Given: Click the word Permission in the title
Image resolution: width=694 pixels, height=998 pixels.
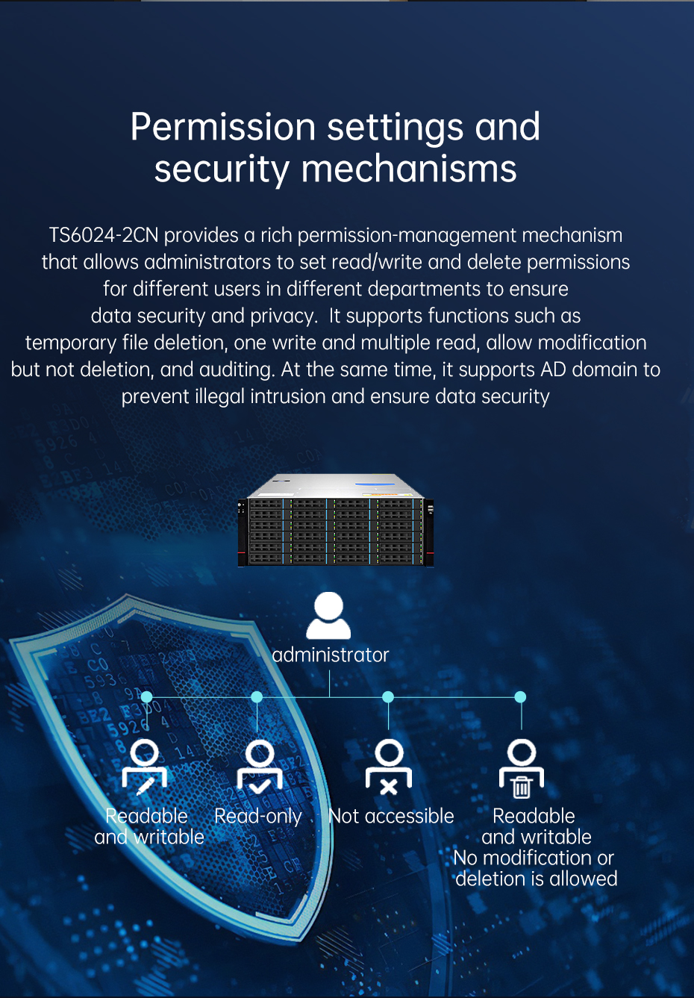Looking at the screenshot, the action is point(223,128).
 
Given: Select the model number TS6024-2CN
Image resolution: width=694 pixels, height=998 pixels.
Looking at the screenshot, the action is point(103,235).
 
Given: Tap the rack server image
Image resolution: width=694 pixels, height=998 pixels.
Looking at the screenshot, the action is point(336,520).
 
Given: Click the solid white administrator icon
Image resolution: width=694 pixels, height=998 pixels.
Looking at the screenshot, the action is point(328,616).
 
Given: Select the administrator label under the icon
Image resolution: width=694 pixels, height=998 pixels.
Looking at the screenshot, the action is point(331,655).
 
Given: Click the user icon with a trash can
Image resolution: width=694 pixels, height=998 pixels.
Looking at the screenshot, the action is point(521,768).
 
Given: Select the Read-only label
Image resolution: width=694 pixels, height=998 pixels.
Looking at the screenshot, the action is point(258,816).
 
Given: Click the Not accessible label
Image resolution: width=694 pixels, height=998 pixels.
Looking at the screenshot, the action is point(391,816).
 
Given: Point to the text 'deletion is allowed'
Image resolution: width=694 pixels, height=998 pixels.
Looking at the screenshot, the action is point(537,879).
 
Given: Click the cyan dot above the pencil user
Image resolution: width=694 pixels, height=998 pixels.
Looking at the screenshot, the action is point(146,697).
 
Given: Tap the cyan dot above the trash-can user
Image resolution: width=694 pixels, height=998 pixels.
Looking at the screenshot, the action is point(520,697).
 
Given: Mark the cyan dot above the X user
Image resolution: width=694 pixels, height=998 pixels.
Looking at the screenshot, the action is point(388,697).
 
